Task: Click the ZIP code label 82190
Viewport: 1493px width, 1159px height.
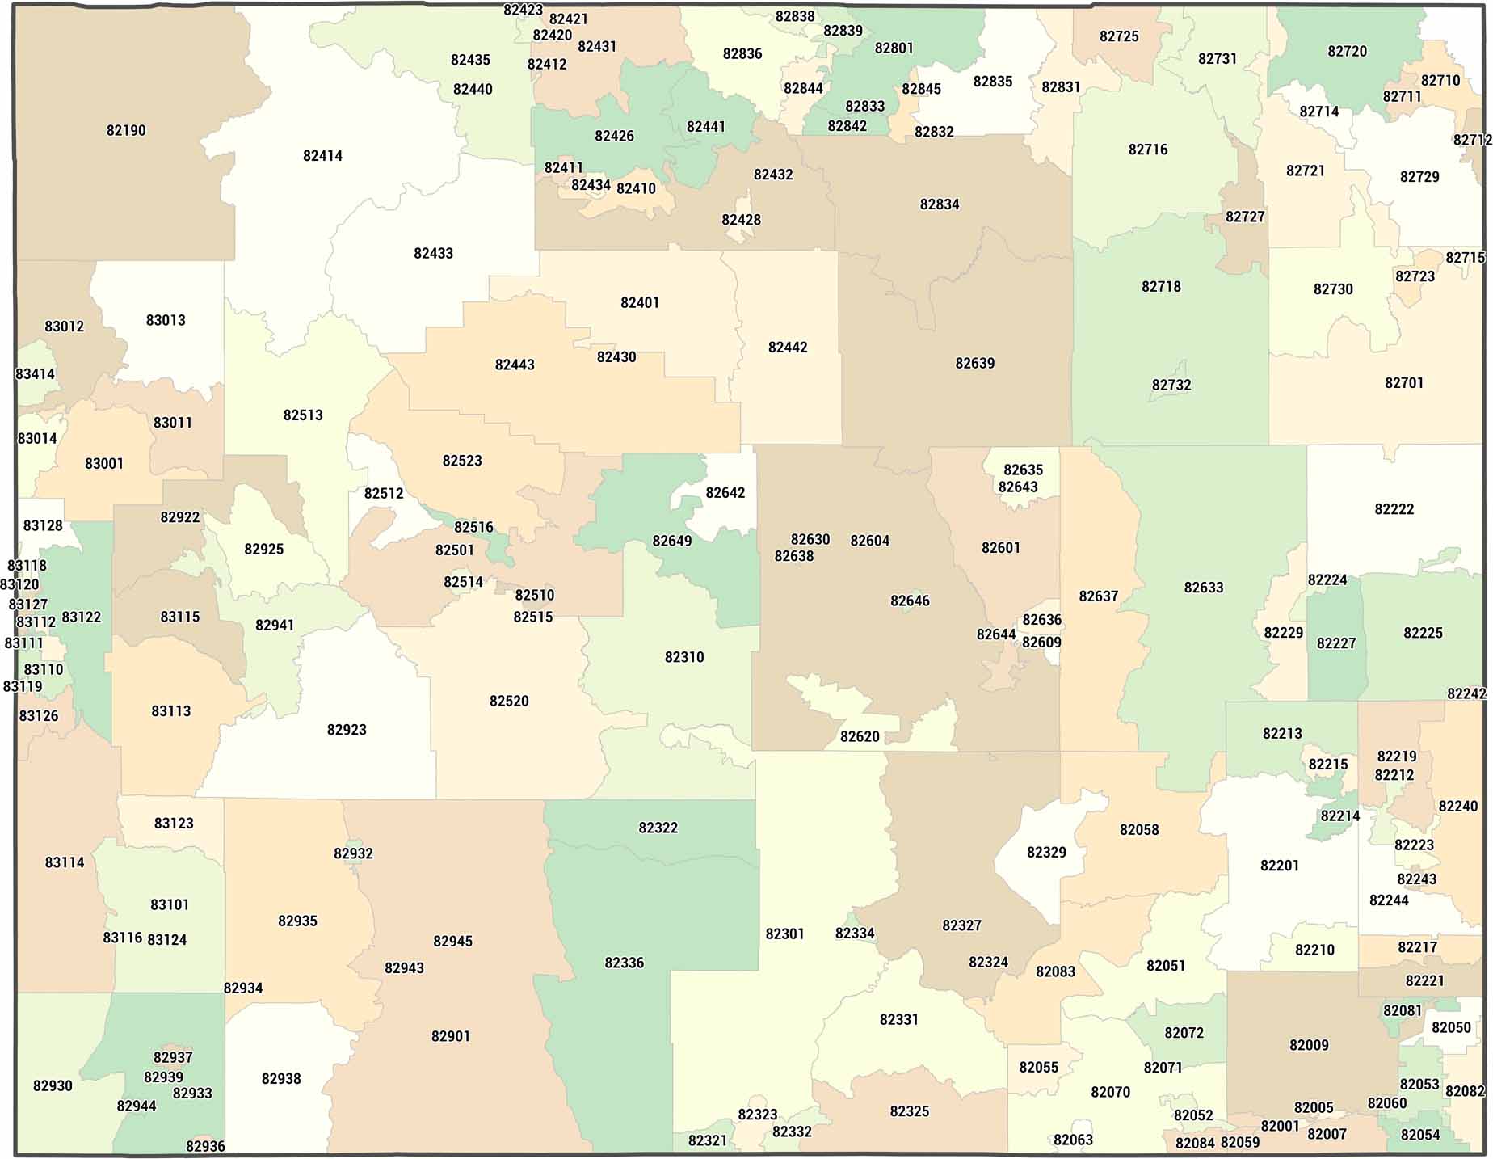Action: click(126, 130)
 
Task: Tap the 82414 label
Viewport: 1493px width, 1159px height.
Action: click(322, 156)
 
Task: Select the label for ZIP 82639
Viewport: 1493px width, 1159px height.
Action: click(974, 364)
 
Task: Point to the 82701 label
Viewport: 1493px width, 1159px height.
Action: click(1403, 383)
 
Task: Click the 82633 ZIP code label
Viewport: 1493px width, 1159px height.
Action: click(1203, 588)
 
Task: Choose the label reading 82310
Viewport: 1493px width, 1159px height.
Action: click(683, 657)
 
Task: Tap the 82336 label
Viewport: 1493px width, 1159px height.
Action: click(624, 963)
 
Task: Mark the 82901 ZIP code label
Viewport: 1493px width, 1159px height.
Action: click(450, 1036)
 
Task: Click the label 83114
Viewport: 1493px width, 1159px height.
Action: click(64, 862)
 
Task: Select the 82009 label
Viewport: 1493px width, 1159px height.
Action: click(1308, 1045)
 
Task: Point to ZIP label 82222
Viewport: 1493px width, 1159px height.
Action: click(1394, 509)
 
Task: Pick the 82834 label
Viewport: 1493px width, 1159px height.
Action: click(939, 204)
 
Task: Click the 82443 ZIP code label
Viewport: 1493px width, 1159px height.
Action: click(514, 365)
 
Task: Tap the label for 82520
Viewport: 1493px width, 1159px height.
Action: click(508, 701)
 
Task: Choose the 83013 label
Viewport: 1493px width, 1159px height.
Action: click(165, 320)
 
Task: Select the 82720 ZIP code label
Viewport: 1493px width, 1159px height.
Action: click(1347, 51)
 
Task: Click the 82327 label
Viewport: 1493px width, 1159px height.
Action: click(961, 925)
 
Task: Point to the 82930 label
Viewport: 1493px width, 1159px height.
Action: click(53, 1085)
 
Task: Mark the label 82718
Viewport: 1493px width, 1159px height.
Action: click(1160, 287)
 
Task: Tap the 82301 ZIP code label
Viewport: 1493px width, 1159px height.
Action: click(784, 934)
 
